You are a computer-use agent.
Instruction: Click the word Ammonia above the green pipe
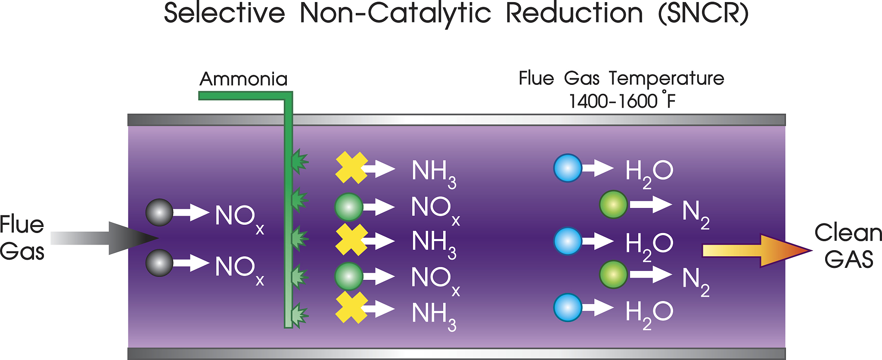(x=243, y=79)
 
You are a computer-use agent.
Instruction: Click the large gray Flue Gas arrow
(x=108, y=238)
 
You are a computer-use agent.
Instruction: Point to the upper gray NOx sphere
(x=159, y=212)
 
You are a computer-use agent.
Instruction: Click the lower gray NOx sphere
(x=159, y=263)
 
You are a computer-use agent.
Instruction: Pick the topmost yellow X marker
(x=351, y=168)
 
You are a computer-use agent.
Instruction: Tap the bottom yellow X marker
(x=351, y=307)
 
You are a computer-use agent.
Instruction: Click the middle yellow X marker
(x=351, y=240)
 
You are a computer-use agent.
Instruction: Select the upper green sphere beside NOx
(x=349, y=207)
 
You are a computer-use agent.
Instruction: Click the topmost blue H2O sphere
(x=568, y=168)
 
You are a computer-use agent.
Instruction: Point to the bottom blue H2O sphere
(x=568, y=307)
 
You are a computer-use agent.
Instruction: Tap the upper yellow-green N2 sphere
(x=613, y=205)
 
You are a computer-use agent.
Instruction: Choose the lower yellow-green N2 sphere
(x=613, y=274)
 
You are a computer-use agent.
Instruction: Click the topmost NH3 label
(x=433, y=173)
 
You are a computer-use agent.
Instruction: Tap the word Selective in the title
(x=224, y=13)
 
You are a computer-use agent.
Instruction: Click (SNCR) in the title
(x=703, y=14)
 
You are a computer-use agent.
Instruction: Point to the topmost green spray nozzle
(x=299, y=161)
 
